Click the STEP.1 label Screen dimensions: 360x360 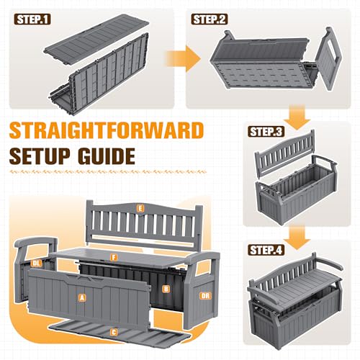pos(32,19)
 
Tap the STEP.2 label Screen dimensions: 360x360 pos(210,19)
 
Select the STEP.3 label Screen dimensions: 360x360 pos(266,132)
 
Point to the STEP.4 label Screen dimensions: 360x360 pos(266,251)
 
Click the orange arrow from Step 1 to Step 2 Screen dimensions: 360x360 pos(183,58)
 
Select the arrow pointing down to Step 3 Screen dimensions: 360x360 pos(297,117)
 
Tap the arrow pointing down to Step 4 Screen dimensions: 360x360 pos(297,238)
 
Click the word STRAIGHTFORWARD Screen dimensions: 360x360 pos(107,130)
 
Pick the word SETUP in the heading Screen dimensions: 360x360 pos(41,156)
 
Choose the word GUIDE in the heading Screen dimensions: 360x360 pos(107,156)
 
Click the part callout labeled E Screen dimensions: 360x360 pos(140,208)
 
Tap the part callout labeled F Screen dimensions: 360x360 pos(114,258)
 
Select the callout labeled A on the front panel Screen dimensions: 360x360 pos(82,298)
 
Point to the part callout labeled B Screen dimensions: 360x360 pos(166,289)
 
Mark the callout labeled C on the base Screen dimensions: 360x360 pos(114,333)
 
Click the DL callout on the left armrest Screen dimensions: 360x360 pos(36,264)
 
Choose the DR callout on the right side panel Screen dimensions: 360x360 pos(205,296)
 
